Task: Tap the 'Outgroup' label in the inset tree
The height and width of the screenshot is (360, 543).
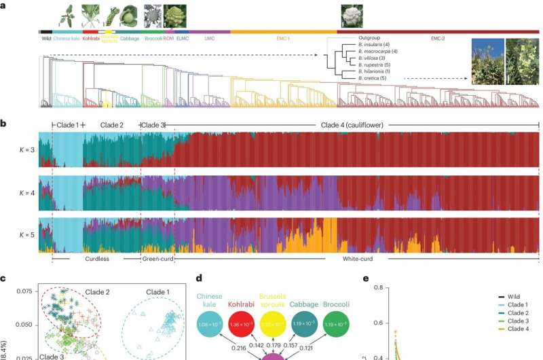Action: coord(370,38)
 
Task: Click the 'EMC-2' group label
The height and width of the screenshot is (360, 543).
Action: coord(438,39)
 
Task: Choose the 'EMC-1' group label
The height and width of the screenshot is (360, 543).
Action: coord(284,39)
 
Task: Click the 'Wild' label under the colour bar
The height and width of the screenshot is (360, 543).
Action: coord(45,39)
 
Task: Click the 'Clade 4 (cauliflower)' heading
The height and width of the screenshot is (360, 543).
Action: coord(351,125)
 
